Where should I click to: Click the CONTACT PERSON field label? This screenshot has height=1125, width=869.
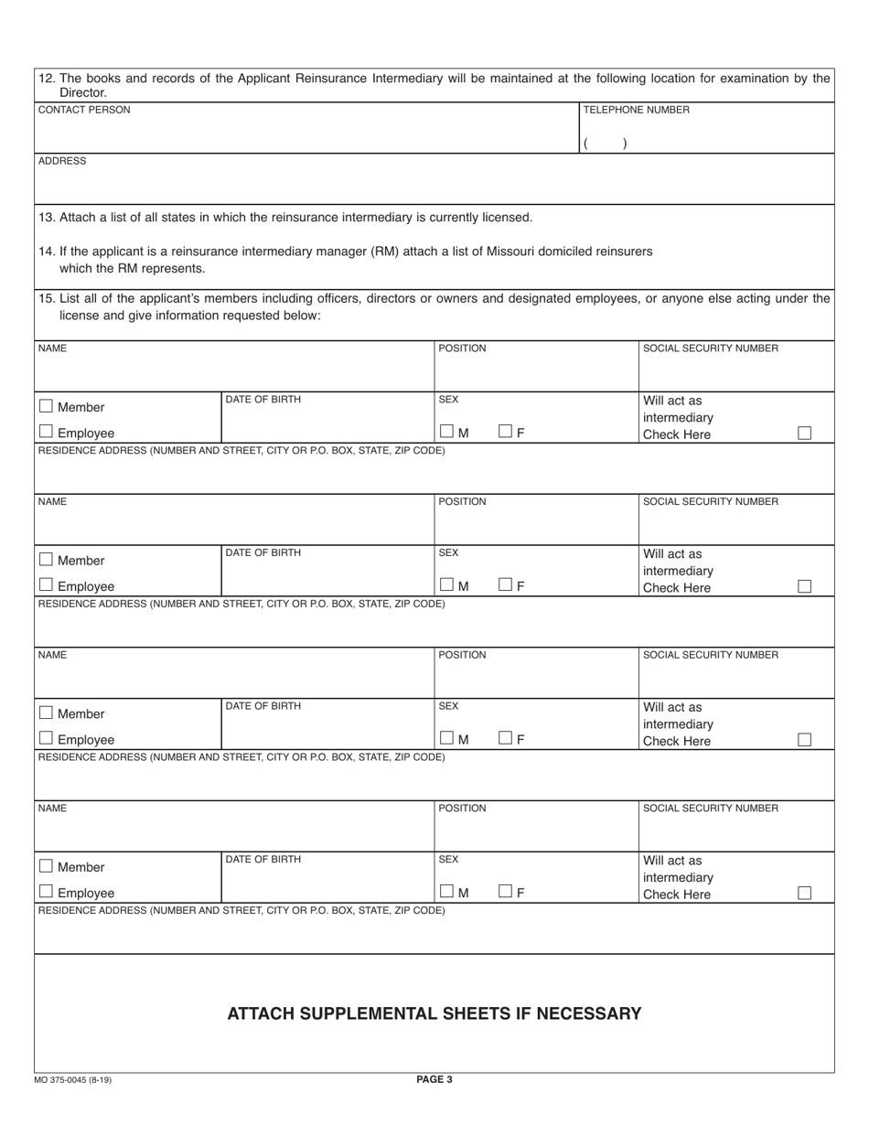click(84, 110)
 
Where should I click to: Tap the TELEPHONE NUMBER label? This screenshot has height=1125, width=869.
click(637, 110)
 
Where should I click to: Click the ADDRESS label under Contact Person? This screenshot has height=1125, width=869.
click(62, 161)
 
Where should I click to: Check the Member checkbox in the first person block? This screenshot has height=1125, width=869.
click(46, 406)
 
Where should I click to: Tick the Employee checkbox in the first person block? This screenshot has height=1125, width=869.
click(46, 432)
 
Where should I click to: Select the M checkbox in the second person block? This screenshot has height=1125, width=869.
click(446, 584)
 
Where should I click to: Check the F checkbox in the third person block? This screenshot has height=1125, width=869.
click(506, 738)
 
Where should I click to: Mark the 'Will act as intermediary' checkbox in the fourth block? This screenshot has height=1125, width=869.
click(804, 893)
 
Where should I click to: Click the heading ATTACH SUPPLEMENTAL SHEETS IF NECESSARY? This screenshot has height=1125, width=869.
click(434, 1013)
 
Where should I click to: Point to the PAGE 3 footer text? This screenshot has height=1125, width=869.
click(434, 1079)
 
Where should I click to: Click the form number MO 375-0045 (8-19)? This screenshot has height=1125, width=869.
click(79, 1080)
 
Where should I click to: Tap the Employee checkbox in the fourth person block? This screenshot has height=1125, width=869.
click(46, 892)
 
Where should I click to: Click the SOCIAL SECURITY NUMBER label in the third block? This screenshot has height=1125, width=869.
click(711, 655)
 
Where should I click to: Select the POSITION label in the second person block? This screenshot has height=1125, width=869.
click(462, 502)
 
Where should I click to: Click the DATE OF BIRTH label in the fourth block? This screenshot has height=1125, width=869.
click(263, 860)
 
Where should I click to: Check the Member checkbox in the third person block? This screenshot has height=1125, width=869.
click(46, 712)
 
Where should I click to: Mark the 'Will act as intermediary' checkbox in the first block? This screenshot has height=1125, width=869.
click(804, 433)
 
